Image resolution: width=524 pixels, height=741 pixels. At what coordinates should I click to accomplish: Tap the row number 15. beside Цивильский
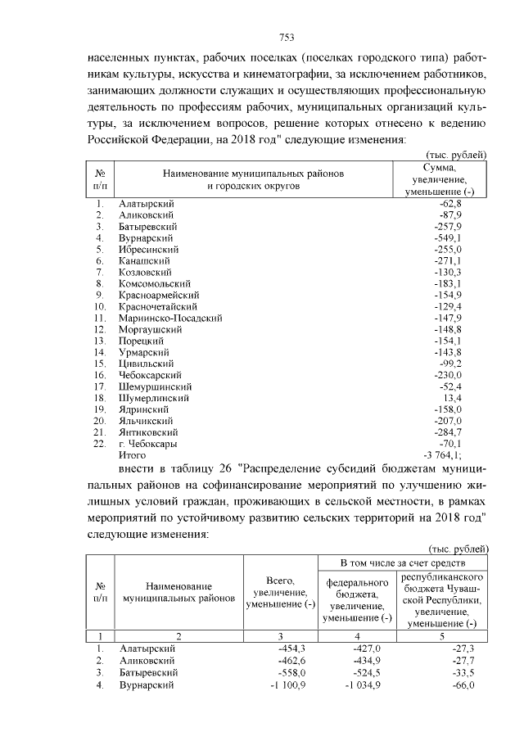click(99, 363)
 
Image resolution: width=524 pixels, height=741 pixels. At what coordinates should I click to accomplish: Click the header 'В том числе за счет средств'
click(403, 564)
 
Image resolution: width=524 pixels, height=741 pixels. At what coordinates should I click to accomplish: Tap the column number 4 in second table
click(357, 635)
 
